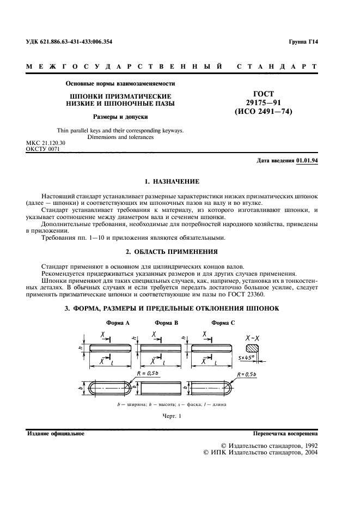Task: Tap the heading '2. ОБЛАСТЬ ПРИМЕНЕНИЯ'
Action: [172, 252]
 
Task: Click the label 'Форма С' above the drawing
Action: [223, 323]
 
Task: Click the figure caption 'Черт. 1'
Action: [171, 417]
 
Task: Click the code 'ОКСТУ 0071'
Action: [42, 148]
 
